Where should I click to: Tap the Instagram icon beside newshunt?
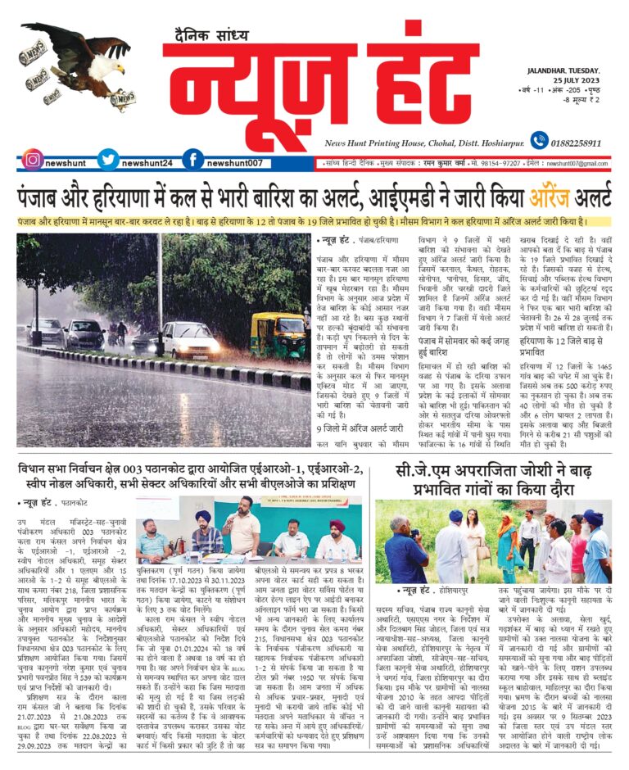click(x=32, y=161)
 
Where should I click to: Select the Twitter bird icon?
click(x=108, y=161)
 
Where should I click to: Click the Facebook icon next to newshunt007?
click(x=192, y=161)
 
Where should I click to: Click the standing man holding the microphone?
click(x=240, y=530)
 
